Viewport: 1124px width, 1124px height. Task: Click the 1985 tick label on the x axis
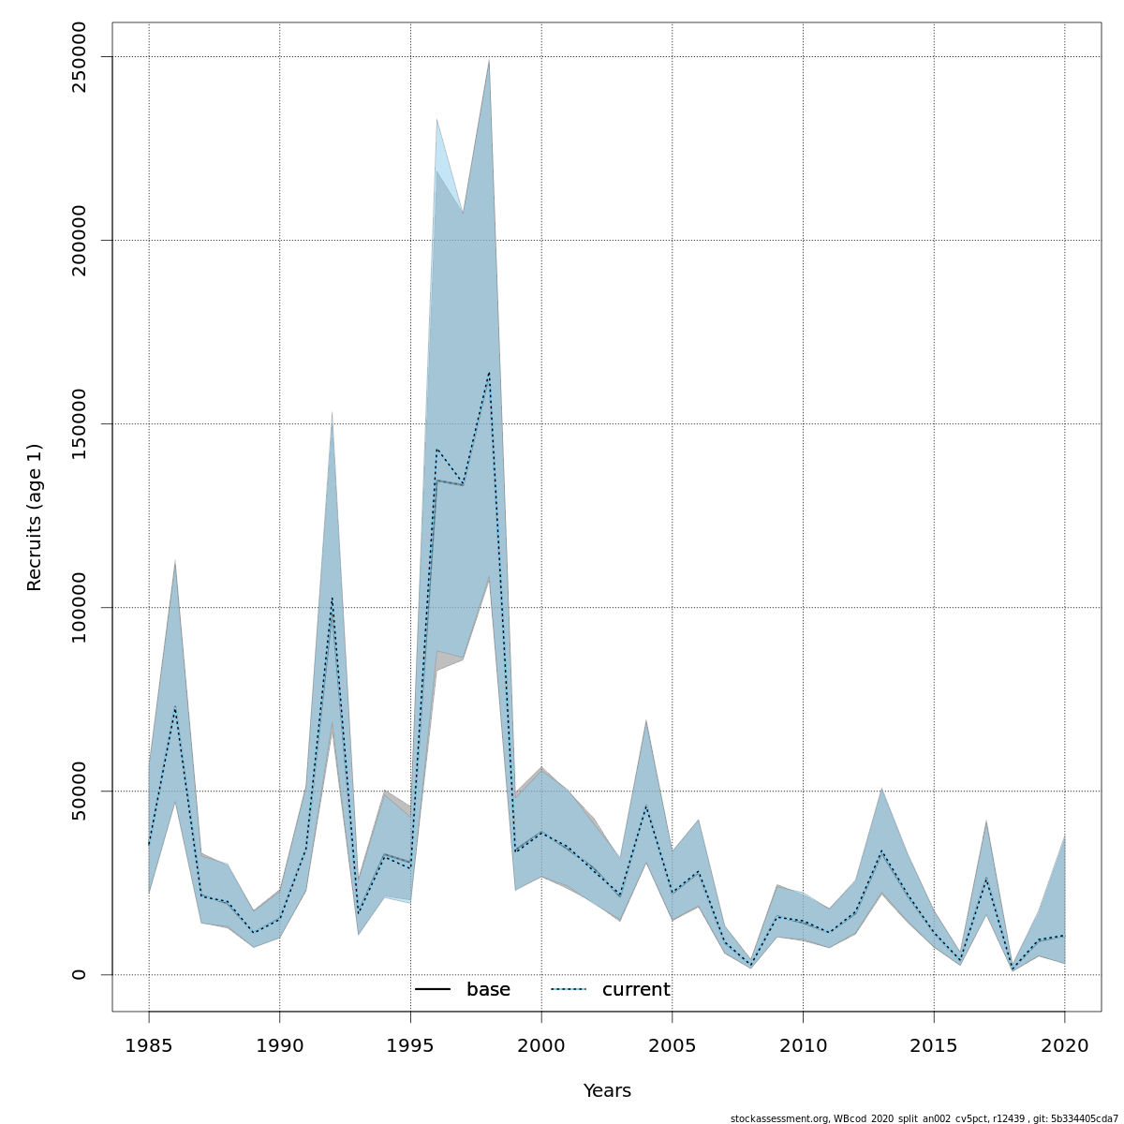[149, 1044]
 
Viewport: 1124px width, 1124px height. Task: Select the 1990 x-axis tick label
[279, 1044]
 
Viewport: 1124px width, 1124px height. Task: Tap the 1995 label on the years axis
[410, 1044]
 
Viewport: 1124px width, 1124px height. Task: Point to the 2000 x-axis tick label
[541, 1044]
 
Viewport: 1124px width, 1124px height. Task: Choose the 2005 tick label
[672, 1044]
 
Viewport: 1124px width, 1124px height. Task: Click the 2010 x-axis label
[803, 1044]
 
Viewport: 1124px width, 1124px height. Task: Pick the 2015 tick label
[934, 1044]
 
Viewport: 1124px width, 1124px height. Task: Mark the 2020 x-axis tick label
[1064, 1044]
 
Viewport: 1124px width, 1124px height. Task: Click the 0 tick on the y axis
[79, 974]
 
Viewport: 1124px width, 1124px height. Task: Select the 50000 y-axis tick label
[79, 791]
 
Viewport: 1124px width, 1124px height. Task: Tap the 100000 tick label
[79, 607]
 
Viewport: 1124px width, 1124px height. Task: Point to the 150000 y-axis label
[79, 423]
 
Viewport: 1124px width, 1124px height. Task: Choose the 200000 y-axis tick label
[79, 240]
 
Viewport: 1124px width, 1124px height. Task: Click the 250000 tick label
[79, 57]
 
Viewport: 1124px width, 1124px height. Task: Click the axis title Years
[607, 1091]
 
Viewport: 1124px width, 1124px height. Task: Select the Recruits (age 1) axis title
[35, 517]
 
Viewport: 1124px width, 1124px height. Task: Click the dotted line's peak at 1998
[489, 373]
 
